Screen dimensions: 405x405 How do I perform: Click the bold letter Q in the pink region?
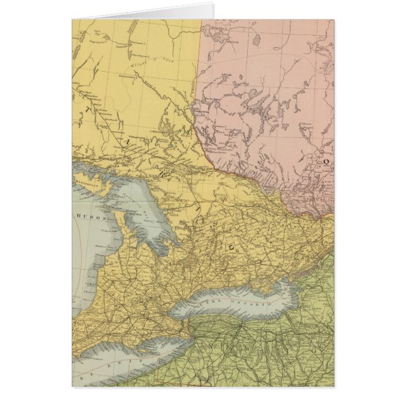point(326,161)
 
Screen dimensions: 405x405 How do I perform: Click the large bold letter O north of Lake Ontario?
point(231,248)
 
